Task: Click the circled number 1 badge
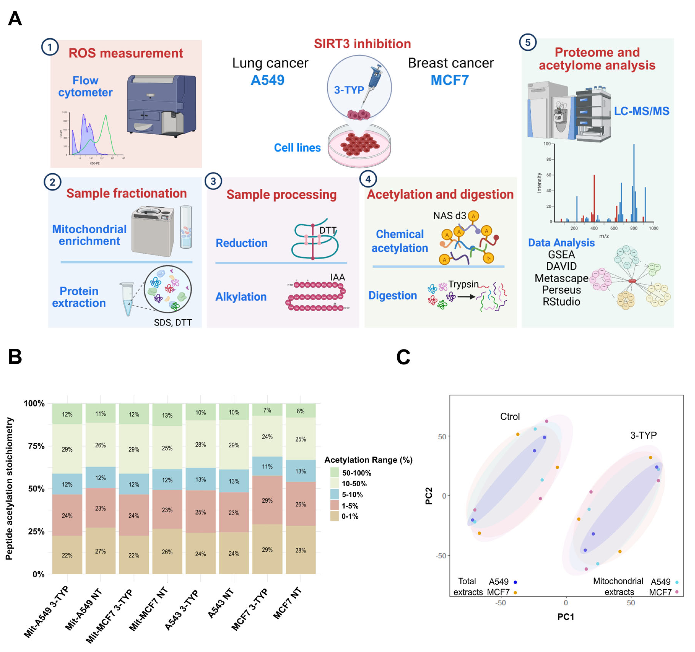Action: point(50,47)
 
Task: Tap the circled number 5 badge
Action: point(528,42)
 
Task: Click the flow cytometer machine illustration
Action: point(161,105)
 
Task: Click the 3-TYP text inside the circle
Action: point(349,90)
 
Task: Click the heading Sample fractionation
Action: point(127,193)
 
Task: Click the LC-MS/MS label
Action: point(642,111)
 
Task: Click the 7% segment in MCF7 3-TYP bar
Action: point(267,410)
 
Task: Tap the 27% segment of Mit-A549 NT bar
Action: point(100,551)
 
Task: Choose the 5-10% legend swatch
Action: point(335,494)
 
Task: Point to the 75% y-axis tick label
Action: point(36,446)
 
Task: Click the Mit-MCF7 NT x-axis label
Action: point(149,609)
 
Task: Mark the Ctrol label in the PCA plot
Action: point(510,417)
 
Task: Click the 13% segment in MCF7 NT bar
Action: point(300,471)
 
